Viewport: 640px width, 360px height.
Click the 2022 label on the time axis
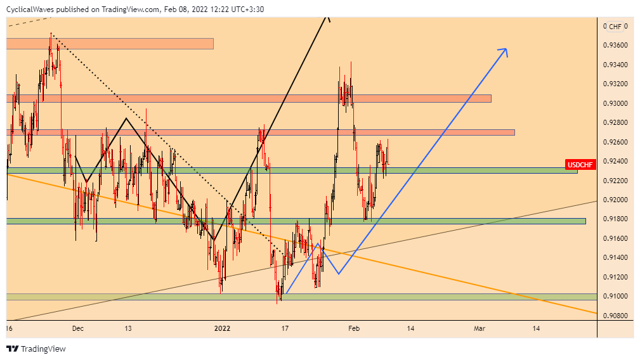point(222,328)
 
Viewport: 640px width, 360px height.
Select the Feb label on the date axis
point(354,328)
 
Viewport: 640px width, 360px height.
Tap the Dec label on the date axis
point(78,328)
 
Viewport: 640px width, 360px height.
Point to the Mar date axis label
point(480,328)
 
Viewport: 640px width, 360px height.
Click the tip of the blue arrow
point(506,49)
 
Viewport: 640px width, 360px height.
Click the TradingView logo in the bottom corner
point(36,349)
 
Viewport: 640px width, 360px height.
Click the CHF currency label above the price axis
point(615,26)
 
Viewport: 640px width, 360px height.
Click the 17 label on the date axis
point(285,328)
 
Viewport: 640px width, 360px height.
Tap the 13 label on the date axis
point(128,328)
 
